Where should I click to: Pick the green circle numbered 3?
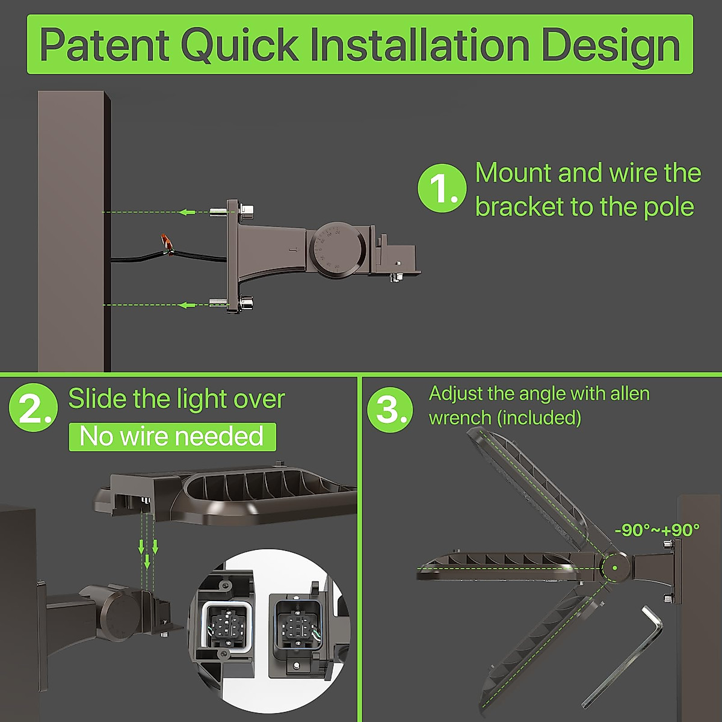pos(390,409)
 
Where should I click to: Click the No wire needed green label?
pos(172,436)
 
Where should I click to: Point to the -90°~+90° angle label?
pos(657,530)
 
